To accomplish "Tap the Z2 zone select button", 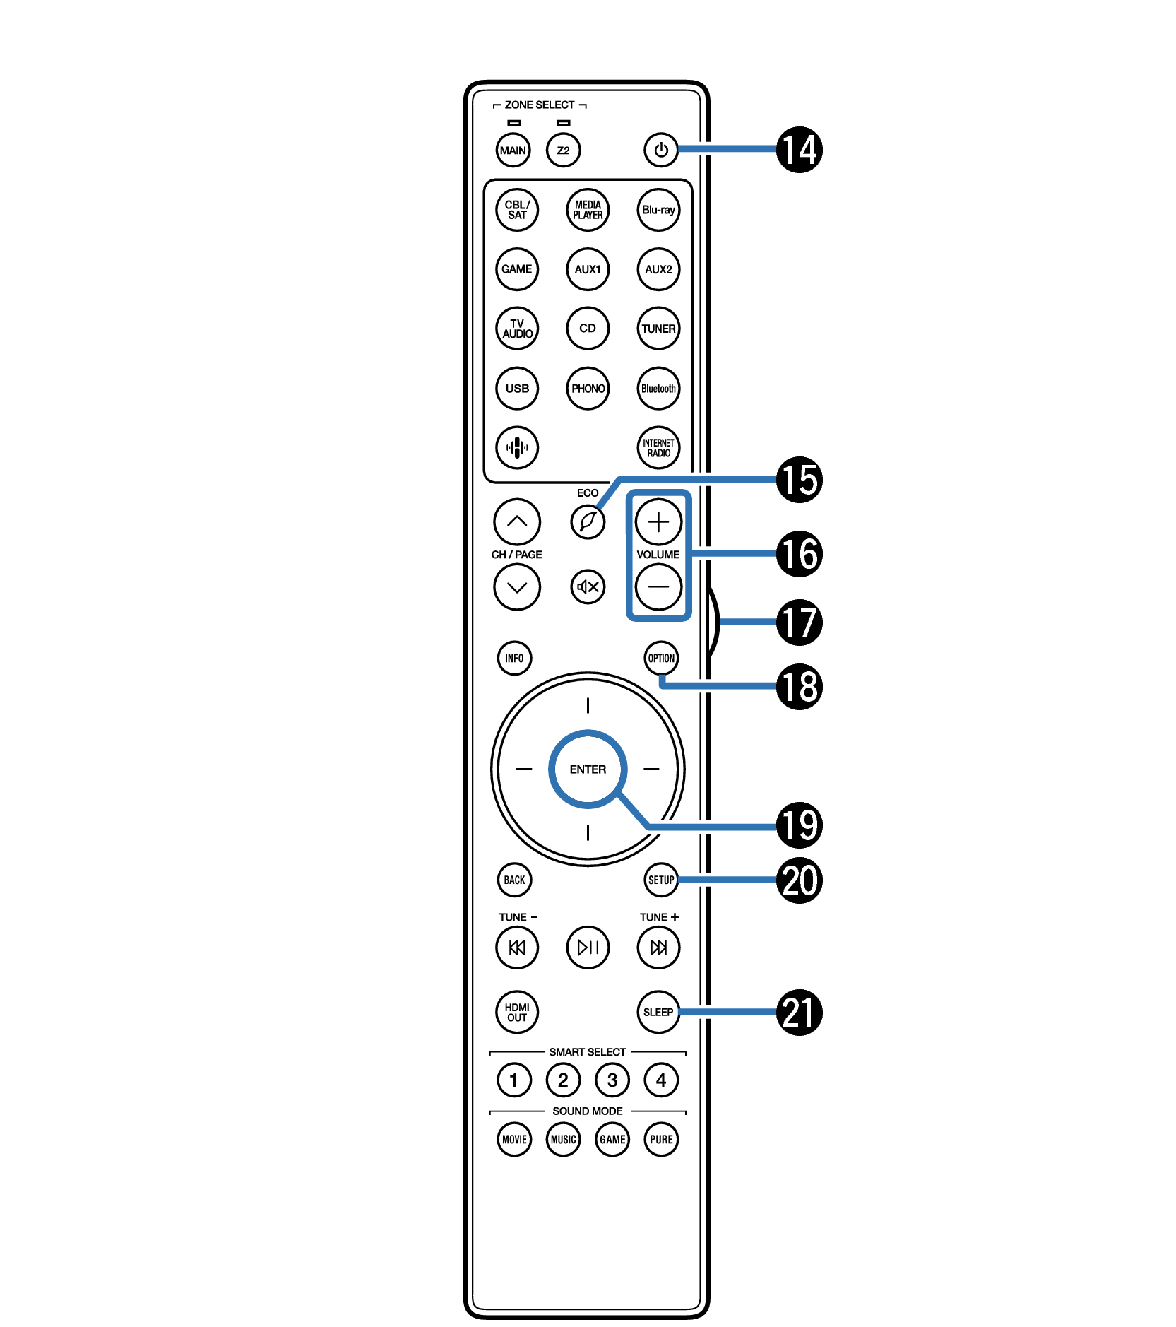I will click(563, 151).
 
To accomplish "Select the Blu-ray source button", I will click(658, 210).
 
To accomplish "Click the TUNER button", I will click(658, 329).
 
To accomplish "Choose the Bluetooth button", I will click(658, 389).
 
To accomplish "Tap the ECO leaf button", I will click(588, 522).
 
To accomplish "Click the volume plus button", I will click(658, 522).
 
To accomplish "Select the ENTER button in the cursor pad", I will click(588, 769).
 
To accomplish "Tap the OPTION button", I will click(661, 659).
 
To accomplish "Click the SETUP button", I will click(661, 880).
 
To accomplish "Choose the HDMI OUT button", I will click(517, 1012).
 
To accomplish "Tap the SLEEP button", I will click(658, 1012).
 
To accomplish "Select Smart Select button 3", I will click(612, 1080).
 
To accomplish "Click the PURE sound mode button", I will click(661, 1139).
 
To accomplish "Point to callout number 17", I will click(800, 622).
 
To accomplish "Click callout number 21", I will click(800, 1012).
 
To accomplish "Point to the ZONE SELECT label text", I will click(540, 105).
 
